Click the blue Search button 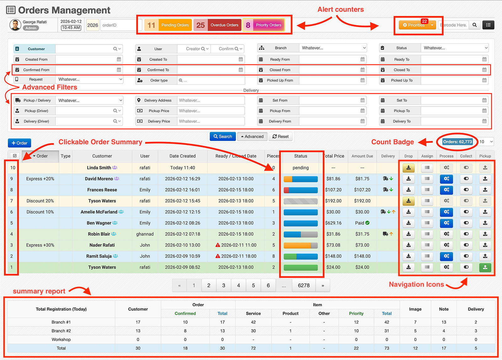click(x=222, y=137)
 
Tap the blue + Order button click(x=19, y=143)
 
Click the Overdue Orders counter click(x=217, y=25)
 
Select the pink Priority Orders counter click(x=264, y=25)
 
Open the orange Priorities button click(x=414, y=25)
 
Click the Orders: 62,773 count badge click(x=457, y=142)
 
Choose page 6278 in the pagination click(x=304, y=285)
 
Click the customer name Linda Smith click(x=99, y=168)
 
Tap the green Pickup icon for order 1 click(x=485, y=267)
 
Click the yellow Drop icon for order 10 click(x=408, y=168)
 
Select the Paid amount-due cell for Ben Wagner click(x=362, y=223)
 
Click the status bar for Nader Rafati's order click(x=301, y=245)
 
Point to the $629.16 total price click(x=333, y=223)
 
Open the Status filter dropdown click(x=455, y=48)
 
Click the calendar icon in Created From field click(x=119, y=59)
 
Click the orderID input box click(x=121, y=25)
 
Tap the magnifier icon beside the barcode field click(x=474, y=25)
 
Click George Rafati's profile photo click(x=15, y=25)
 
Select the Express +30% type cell click(x=40, y=245)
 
